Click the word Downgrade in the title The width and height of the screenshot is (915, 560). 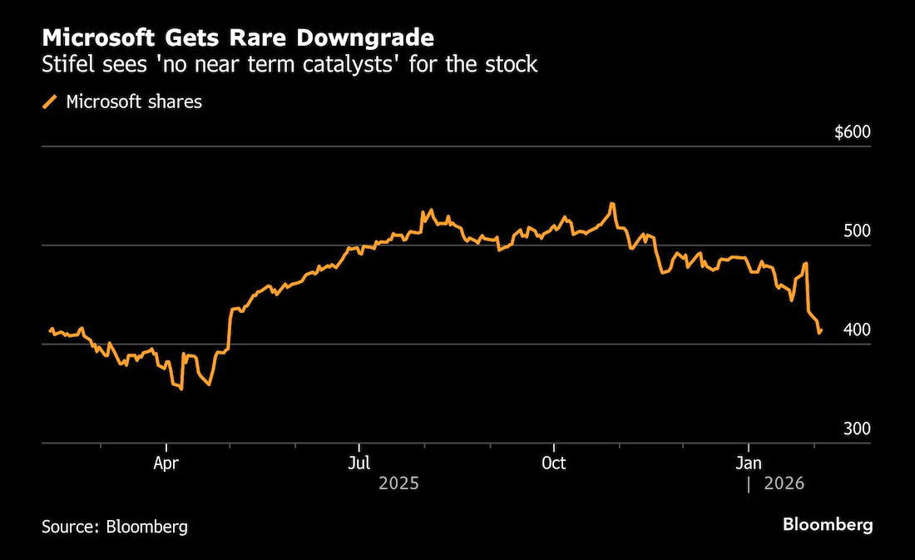pyautogui.click(x=365, y=38)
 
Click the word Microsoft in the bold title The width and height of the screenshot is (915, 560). pyautogui.click(x=98, y=38)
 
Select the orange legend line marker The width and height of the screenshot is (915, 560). pyautogui.click(x=50, y=102)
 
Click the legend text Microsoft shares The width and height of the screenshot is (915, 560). pyautogui.click(x=134, y=102)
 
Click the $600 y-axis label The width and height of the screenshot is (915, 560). pyautogui.click(x=852, y=132)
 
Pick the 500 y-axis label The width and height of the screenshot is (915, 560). pyautogui.click(x=857, y=230)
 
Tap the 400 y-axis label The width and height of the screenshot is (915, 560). pyautogui.click(x=857, y=330)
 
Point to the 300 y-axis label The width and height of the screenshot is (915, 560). pyautogui.click(x=857, y=429)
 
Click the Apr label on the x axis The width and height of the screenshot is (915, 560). pyautogui.click(x=166, y=463)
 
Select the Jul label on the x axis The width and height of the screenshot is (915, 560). pyautogui.click(x=359, y=463)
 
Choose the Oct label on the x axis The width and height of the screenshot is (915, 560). pyautogui.click(x=553, y=463)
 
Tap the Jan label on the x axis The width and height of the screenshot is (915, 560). pyautogui.click(x=748, y=463)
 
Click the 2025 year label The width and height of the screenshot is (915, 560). pyautogui.click(x=398, y=483)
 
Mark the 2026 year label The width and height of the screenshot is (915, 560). pyautogui.click(x=784, y=483)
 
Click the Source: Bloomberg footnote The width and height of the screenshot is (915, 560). pyautogui.click(x=115, y=527)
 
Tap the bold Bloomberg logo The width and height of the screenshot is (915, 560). pyautogui.click(x=828, y=524)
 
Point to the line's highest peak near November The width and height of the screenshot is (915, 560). pyautogui.click(x=611, y=204)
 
